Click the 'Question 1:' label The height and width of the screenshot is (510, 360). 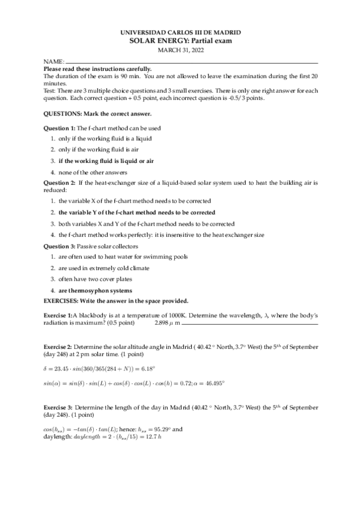(59, 128)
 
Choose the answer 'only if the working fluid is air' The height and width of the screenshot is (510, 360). (97, 149)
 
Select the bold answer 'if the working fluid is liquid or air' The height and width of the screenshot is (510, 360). (106, 161)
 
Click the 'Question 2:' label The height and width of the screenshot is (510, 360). (59, 182)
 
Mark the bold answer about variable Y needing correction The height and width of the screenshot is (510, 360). (136, 212)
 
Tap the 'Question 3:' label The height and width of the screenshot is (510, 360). (59, 246)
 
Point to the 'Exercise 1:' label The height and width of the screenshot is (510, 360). (59, 315)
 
